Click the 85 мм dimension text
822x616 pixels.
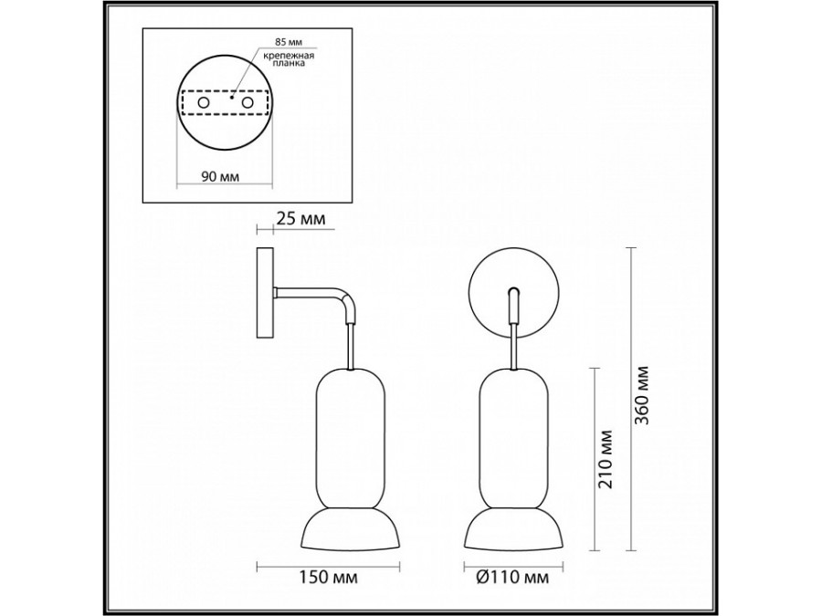289,41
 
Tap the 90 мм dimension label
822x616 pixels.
220,177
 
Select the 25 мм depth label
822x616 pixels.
300,218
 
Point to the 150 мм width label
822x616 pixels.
329,578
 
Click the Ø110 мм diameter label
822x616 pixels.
512,578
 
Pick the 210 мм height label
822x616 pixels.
606,459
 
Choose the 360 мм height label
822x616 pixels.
642,395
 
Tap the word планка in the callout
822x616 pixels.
289,64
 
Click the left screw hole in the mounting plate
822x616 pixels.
204,102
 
